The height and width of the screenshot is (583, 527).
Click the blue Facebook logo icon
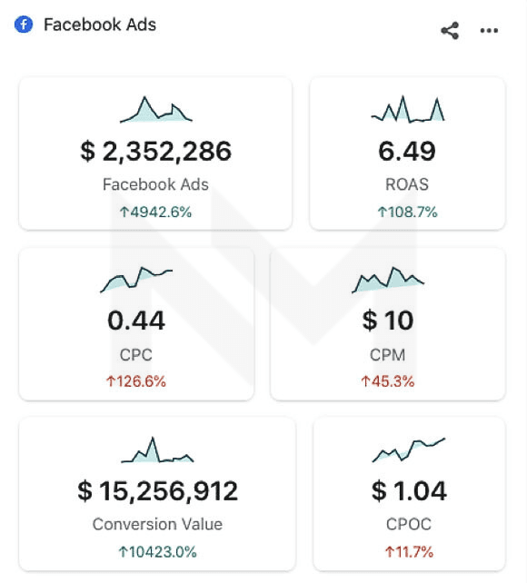[24, 25]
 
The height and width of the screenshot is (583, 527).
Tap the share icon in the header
[450, 31]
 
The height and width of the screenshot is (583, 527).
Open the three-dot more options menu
[489, 31]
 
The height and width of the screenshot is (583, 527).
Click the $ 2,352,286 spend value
[156, 152]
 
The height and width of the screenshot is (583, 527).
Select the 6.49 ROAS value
[407, 152]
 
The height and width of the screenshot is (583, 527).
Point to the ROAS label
[407, 184]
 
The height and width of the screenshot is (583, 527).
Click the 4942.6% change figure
[156, 212]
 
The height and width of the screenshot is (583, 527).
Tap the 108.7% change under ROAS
[408, 212]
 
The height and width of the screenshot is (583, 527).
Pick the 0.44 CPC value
[136, 321]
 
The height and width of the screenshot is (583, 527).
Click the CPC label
[136, 355]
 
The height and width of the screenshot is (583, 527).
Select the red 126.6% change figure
[136, 381]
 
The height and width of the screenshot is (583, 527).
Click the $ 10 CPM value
[388, 321]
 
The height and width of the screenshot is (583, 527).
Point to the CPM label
[388, 355]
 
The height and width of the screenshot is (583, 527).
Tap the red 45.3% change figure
[388, 381]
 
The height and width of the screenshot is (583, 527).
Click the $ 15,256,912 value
[158, 490]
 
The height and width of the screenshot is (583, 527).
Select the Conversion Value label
[158, 524]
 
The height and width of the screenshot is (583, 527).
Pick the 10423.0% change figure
[158, 552]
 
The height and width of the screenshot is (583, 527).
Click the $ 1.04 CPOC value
[409, 490]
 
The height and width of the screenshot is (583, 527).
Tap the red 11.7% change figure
[409, 552]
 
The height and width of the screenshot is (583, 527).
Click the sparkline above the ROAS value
[408, 110]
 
